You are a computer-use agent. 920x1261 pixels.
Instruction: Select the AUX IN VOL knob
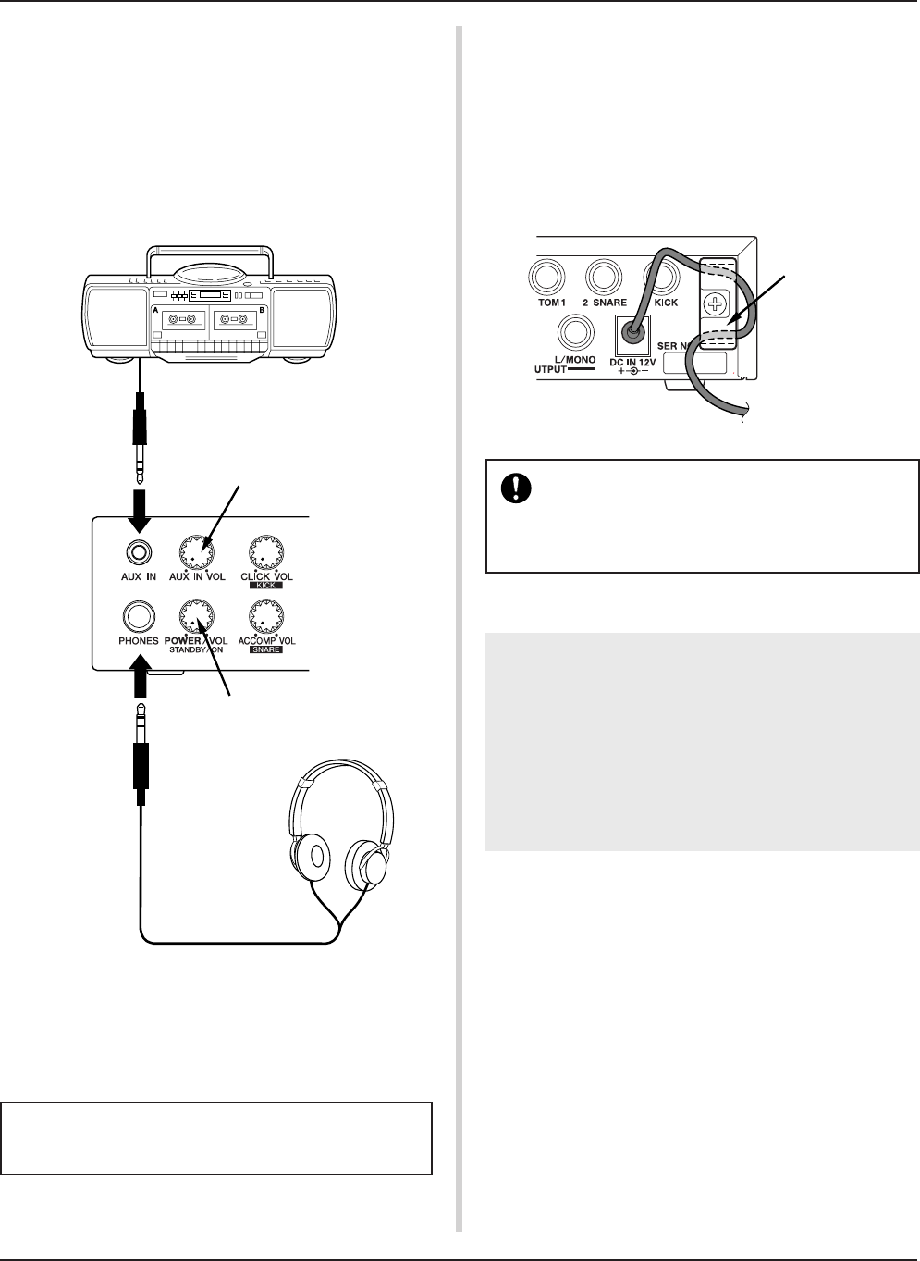[197, 553]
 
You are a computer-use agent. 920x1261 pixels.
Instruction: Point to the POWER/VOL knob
[197, 614]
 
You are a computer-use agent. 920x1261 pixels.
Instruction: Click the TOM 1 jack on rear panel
[546, 275]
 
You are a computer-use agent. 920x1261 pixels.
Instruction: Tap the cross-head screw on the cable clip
[715, 303]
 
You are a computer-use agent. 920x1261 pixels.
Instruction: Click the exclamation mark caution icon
[510, 488]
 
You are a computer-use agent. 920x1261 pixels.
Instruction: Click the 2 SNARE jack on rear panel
[605, 275]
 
